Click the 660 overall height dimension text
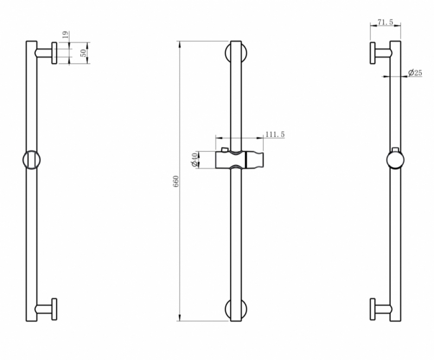click(x=176, y=181)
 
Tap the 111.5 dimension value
click(x=275, y=134)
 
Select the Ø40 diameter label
click(x=195, y=160)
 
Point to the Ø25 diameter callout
click(x=415, y=73)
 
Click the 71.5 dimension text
click(x=386, y=22)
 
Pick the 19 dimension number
click(x=65, y=35)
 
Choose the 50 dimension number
click(x=84, y=53)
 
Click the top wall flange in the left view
click(x=54, y=53)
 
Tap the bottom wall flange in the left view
click(x=54, y=310)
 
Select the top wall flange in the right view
click(x=373, y=53)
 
